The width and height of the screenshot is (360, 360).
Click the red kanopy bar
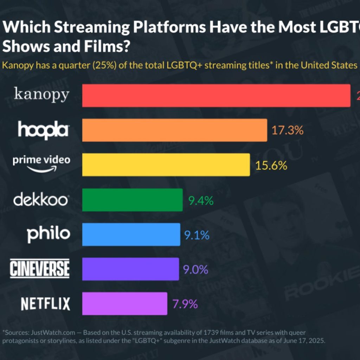(216, 95)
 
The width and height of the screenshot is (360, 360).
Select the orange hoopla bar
(174, 130)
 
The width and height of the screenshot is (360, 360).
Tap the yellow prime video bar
(166, 165)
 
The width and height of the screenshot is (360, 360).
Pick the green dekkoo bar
(132, 200)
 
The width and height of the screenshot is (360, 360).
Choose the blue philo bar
(131, 234)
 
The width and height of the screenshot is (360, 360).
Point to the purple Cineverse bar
(130, 269)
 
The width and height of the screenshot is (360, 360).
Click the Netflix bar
(124, 303)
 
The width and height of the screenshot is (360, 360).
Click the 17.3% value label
(287, 130)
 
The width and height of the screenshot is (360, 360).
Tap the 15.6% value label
(271, 165)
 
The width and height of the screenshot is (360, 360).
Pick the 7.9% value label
(185, 304)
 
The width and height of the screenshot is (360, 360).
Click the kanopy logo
(41, 95)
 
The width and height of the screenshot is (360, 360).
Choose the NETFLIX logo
(45, 304)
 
